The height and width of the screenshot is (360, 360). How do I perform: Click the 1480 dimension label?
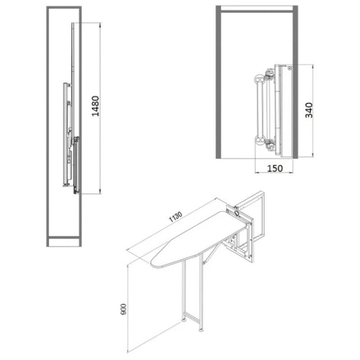[95, 106]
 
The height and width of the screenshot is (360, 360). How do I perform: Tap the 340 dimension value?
[309, 110]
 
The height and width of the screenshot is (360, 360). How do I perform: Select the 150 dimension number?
[275, 168]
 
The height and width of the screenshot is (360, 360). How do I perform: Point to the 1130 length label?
[175, 217]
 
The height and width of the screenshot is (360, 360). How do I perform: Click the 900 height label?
[123, 309]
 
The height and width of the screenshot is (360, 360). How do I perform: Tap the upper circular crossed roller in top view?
[260, 80]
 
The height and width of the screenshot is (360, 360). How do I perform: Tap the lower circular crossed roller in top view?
[260, 139]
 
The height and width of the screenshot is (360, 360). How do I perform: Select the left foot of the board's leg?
[184, 319]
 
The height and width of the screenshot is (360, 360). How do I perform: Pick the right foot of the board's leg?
[201, 330]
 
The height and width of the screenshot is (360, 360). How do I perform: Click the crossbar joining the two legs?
[193, 317]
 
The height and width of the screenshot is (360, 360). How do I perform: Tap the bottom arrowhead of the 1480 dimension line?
[100, 191]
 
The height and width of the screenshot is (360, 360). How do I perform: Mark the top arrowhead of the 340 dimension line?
[313, 67]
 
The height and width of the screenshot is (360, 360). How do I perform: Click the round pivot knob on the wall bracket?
[237, 212]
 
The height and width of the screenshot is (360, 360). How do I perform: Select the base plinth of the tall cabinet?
[64, 242]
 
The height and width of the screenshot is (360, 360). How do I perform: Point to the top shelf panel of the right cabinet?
[257, 9]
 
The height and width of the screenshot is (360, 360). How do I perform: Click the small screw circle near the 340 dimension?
[289, 68]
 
